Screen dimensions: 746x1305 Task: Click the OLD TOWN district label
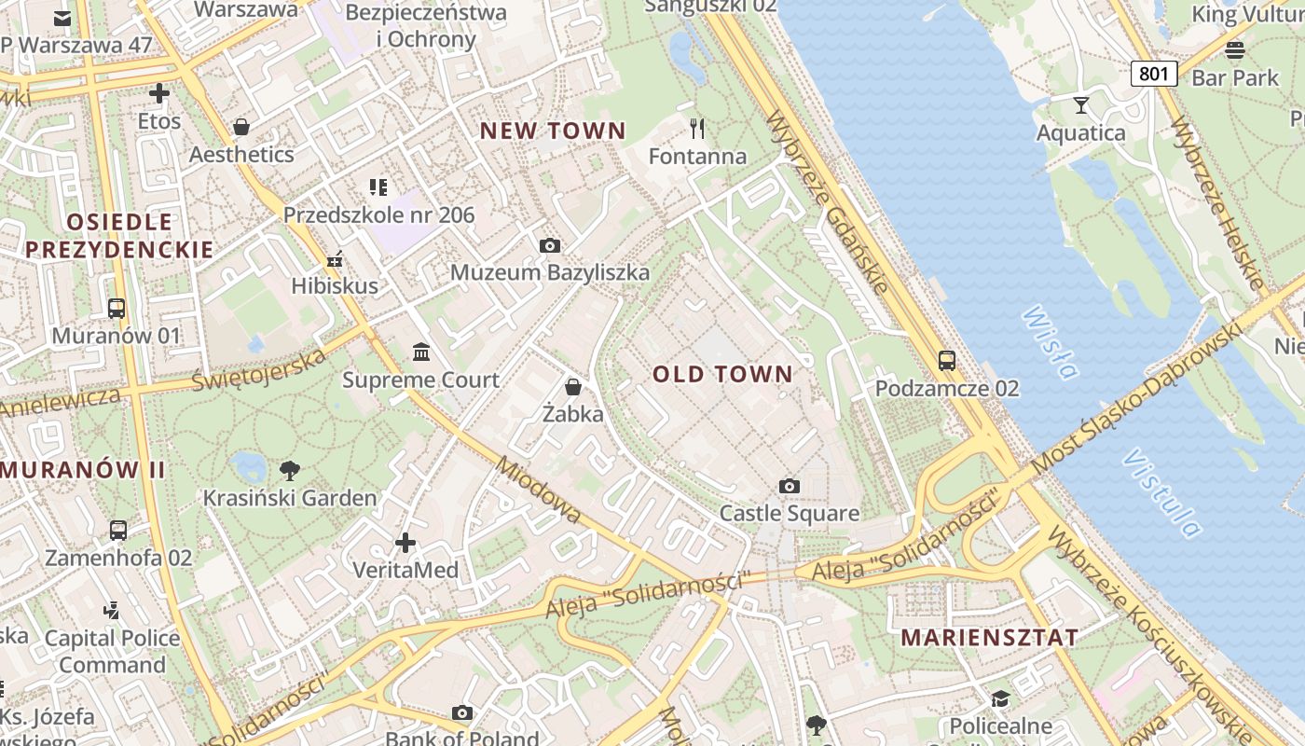(722, 375)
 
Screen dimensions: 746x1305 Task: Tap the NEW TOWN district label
(553, 131)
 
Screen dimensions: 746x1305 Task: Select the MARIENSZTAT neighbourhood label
(990, 639)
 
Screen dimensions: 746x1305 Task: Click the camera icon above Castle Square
(790, 486)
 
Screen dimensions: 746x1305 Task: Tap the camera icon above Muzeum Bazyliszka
(550, 245)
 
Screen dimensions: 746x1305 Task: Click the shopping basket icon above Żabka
(573, 386)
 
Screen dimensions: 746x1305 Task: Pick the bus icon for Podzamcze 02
(947, 360)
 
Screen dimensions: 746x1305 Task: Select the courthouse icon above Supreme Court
(421, 352)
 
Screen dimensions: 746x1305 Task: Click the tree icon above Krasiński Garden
(290, 470)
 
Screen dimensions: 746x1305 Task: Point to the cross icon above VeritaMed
(405, 542)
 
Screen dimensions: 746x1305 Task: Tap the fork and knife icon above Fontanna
(697, 128)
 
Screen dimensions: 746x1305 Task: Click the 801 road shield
(1154, 74)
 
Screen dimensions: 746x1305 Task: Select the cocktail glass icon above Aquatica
(1081, 104)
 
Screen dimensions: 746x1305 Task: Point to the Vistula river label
(1161, 493)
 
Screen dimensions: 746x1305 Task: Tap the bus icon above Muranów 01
(117, 308)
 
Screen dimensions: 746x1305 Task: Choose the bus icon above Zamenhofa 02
(118, 530)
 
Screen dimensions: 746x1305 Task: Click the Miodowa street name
(539, 490)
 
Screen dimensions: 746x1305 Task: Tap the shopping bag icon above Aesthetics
(241, 127)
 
